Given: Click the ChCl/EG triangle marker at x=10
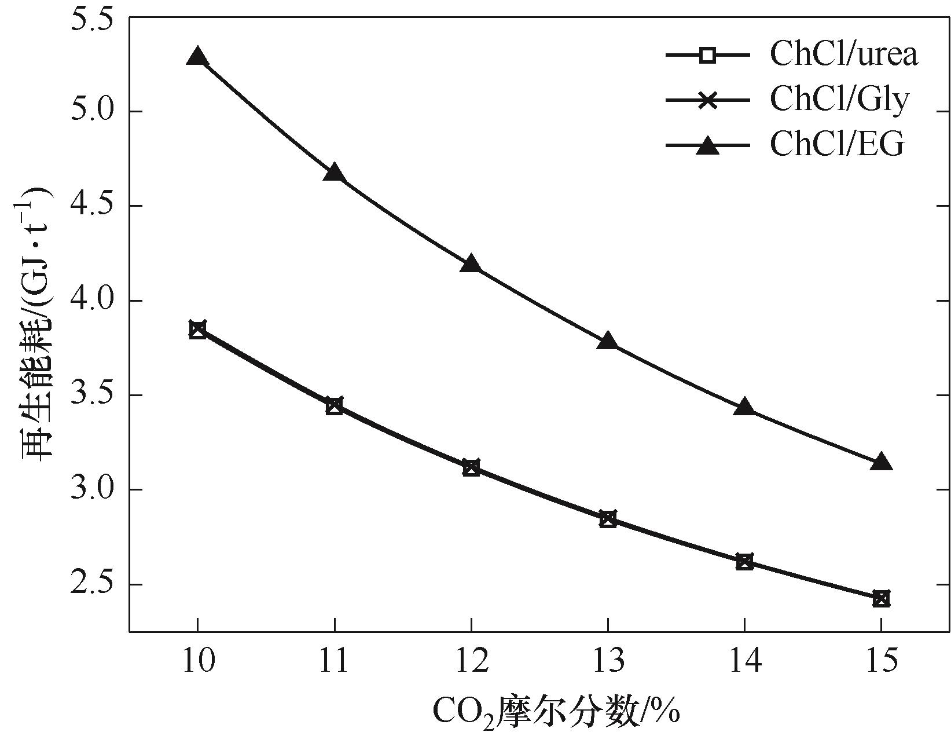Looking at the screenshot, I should click(197, 57).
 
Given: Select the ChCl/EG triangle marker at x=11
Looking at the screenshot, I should click(334, 173).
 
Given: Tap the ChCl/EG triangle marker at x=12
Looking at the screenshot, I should click(471, 264).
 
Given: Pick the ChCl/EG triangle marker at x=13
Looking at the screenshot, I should click(608, 341).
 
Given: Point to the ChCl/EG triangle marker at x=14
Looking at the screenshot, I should click(744, 407).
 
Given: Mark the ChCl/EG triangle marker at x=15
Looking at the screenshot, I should click(881, 462).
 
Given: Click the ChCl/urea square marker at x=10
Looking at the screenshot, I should click(197, 330).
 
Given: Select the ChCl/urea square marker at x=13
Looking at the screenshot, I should click(608, 519).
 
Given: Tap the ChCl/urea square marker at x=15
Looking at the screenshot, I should click(881, 599).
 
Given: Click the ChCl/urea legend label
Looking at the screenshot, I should click(843, 55).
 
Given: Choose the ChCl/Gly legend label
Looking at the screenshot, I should click(839, 100).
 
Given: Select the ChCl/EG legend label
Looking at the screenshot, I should click(836, 145).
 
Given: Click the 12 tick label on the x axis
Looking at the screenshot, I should click(471, 661).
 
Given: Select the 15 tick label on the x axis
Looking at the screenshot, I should click(881, 661).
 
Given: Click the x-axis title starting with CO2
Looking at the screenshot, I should click(556, 712).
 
